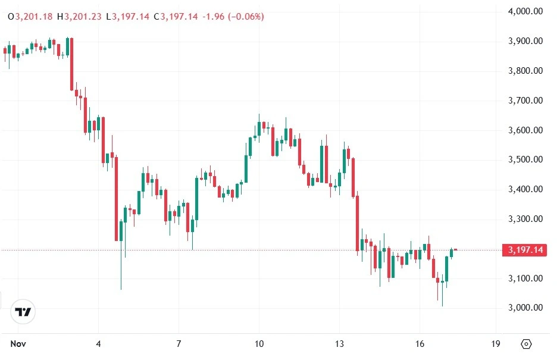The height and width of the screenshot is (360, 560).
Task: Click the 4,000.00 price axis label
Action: [525, 11]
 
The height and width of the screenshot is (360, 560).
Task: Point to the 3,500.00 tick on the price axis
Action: [525, 159]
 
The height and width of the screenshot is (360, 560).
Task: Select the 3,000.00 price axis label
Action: [525, 308]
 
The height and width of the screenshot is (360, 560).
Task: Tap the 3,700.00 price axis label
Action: [525, 101]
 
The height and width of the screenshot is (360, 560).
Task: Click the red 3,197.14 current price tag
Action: [524, 250]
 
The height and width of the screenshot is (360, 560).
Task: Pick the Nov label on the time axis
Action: [18, 344]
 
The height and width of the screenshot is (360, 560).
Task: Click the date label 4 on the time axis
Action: [99, 344]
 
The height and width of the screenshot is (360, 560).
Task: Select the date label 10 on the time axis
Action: [259, 344]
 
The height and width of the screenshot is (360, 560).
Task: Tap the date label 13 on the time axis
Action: [339, 344]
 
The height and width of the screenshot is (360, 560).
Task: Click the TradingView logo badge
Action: [23, 312]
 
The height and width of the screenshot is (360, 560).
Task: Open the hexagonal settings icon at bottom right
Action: [526, 344]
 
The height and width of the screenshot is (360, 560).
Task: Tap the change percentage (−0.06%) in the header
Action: [245, 17]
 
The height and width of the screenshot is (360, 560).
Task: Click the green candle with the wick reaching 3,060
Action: [121, 238]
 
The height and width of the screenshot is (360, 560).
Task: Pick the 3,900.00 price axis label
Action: [525, 41]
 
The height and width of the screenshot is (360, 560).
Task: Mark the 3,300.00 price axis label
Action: [525, 219]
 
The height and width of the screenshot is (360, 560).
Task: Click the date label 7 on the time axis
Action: [179, 344]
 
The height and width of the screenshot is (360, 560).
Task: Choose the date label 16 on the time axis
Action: [419, 344]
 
